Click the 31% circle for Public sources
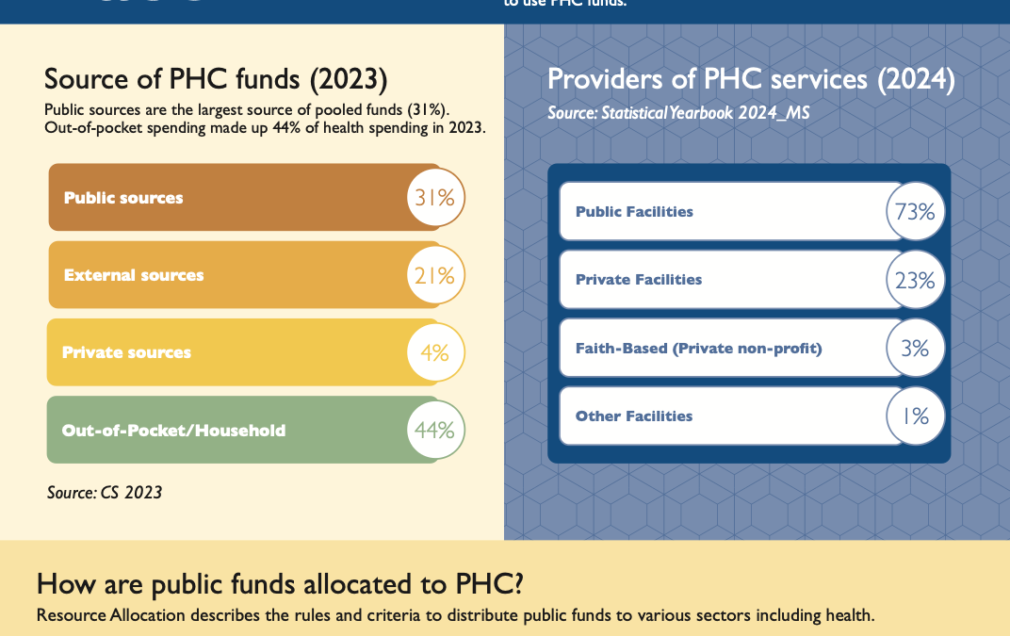(435, 198)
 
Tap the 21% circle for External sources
(435, 275)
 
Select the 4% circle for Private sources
(435, 352)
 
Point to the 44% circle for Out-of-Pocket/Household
(435, 430)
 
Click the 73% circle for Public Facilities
(915, 212)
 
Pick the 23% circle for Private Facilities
(915, 280)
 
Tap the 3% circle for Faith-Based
(915, 348)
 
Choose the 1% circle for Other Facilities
(915, 416)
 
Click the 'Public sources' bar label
(123, 198)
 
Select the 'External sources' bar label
(134, 275)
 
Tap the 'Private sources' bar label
(126, 352)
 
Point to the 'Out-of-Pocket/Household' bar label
(173, 431)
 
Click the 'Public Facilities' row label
(634, 212)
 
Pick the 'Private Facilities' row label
(639, 280)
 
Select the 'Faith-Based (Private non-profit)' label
(698, 349)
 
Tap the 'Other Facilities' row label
(634, 416)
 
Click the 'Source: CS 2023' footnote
(105, 492)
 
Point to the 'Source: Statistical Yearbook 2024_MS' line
(678, 113)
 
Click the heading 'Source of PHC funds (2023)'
(216, 78)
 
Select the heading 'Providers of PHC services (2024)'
(751, 79)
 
